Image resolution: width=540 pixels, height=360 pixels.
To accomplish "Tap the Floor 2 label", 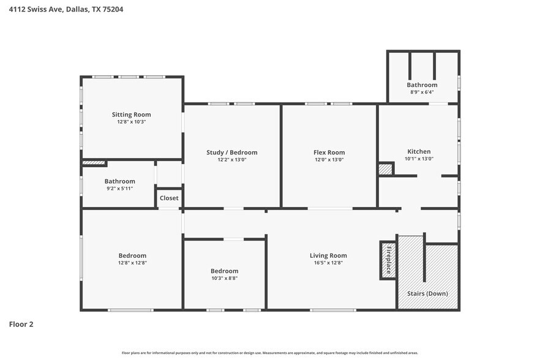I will (x=21, y=324).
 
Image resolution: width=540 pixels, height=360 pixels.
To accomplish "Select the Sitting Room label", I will (x=131, y=114).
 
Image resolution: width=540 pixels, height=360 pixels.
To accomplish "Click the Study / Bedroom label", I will (x=231, y=152).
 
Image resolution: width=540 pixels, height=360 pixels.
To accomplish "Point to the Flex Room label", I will (x=329, y=152).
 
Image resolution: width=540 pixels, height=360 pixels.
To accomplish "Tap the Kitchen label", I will (x=419, y=151).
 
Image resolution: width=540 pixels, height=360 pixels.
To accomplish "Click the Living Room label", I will (x=328, y=255).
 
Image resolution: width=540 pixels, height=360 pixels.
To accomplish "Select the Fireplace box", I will (x=388, y=260).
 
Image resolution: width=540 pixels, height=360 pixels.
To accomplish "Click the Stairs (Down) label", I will (x=427, y=293).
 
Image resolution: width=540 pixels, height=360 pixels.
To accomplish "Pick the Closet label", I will (x=169, y=198).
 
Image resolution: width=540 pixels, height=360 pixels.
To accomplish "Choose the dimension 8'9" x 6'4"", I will (x=422, y=92).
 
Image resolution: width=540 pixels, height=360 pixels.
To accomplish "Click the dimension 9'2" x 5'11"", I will (x=119, y=189).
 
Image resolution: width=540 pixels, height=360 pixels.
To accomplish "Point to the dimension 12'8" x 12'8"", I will (x=132, y=263).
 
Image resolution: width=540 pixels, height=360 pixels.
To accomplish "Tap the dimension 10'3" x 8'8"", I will (x=224, y=278).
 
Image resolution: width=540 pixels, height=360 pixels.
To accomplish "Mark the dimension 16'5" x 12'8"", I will (x=328, y=263).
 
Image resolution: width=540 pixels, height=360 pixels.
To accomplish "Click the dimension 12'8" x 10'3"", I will (x=131, y=122).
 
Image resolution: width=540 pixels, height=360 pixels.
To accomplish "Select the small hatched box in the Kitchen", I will (x=385, y=170).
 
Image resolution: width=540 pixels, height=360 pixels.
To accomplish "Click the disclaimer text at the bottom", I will (x=269, y=353).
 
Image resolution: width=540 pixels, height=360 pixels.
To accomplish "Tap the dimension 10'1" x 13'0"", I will (x=419, y=159).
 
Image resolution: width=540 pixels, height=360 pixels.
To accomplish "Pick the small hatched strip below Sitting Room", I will (x=94, y=163).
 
